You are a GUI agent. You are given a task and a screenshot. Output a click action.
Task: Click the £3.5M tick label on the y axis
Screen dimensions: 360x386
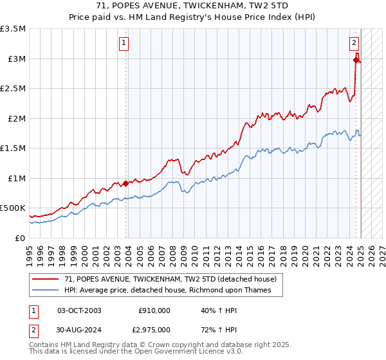[14, 29]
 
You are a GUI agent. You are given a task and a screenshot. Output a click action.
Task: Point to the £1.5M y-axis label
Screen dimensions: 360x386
[14, 148]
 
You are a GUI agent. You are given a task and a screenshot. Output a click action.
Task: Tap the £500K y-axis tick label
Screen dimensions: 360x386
[13, 208]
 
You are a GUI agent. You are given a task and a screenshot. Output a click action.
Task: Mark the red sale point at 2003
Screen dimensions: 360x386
[125, 183]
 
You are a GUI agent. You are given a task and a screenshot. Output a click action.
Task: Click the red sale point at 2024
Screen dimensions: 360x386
[356, 60]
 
